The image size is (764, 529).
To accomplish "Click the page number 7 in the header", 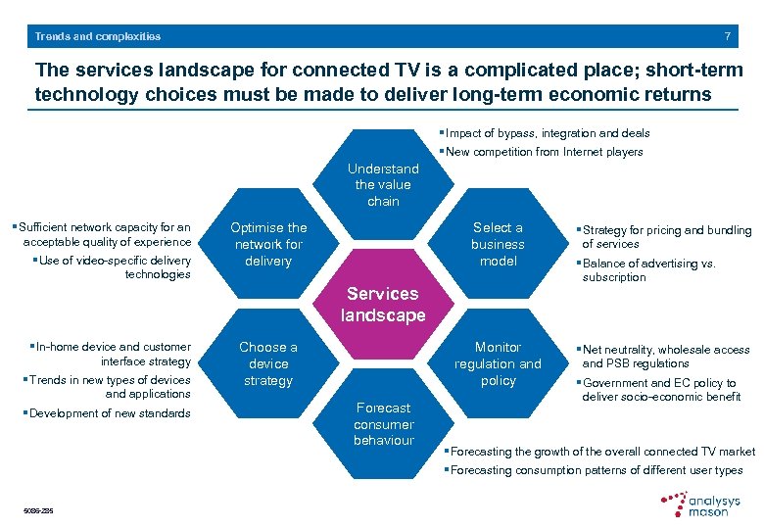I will point(727,36).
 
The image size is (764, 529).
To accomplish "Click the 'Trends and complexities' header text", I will point(98,36).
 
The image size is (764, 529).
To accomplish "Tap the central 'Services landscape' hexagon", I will point(383,304).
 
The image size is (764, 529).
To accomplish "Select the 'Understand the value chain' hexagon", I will point(383,184).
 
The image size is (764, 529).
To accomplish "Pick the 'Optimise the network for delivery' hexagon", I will point(268,244).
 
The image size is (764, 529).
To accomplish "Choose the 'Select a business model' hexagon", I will point(498,244).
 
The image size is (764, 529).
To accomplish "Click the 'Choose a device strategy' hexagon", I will point(268,363).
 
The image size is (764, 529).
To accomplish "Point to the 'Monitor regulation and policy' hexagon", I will point(498,363).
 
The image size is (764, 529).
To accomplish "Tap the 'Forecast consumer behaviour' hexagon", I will point(383,423).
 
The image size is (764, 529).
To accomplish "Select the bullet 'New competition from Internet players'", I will point(544,152).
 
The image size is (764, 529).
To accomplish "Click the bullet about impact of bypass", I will point(547,132).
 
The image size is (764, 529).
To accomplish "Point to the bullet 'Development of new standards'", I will point(110,413).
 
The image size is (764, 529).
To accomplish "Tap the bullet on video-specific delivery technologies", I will point(114,267).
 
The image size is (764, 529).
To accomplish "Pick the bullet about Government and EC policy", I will point(658,390).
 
